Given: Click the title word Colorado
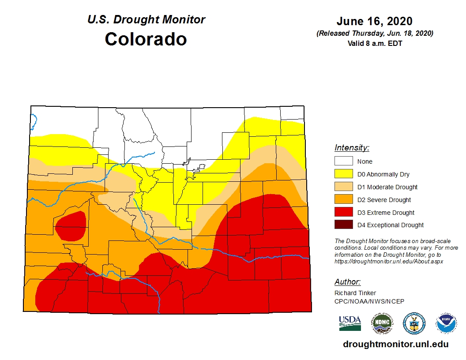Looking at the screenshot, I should [146, 39].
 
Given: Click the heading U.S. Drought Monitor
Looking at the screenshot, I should [146, 20].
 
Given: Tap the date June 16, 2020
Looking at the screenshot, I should [374, 21].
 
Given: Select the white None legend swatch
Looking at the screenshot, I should [343, 161].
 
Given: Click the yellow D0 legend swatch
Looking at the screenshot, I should [343, 174].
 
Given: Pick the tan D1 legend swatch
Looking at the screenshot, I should [343, 187].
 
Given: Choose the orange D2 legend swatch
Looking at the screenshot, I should [343, 200].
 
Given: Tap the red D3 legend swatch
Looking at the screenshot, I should [343, 213].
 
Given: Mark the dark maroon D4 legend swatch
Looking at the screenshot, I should [343, 225].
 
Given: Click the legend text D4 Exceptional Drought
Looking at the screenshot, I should [390, 225].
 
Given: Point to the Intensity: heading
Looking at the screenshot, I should [352, 148].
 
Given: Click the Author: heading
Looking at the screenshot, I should [347, 282].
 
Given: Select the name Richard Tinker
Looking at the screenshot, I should [355, 293].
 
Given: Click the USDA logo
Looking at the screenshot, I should [350, 323].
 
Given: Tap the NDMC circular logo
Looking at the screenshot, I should [382, 323].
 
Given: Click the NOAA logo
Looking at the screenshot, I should [446, 323].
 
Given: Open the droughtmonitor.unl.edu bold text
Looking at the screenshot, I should [395, 345].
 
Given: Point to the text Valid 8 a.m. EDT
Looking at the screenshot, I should [375, 43].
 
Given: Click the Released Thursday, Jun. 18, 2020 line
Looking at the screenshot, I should [375, 34].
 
